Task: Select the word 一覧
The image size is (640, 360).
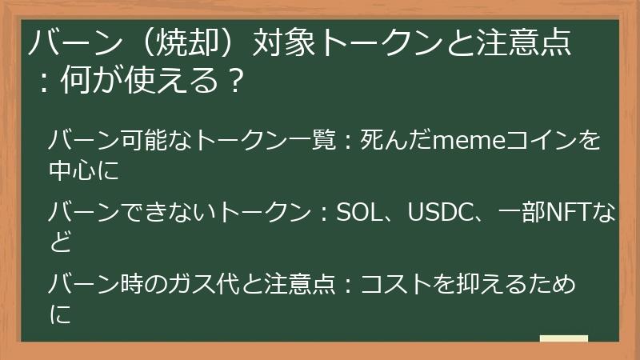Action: (315, 142)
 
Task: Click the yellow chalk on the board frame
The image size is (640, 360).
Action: (563, 339)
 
